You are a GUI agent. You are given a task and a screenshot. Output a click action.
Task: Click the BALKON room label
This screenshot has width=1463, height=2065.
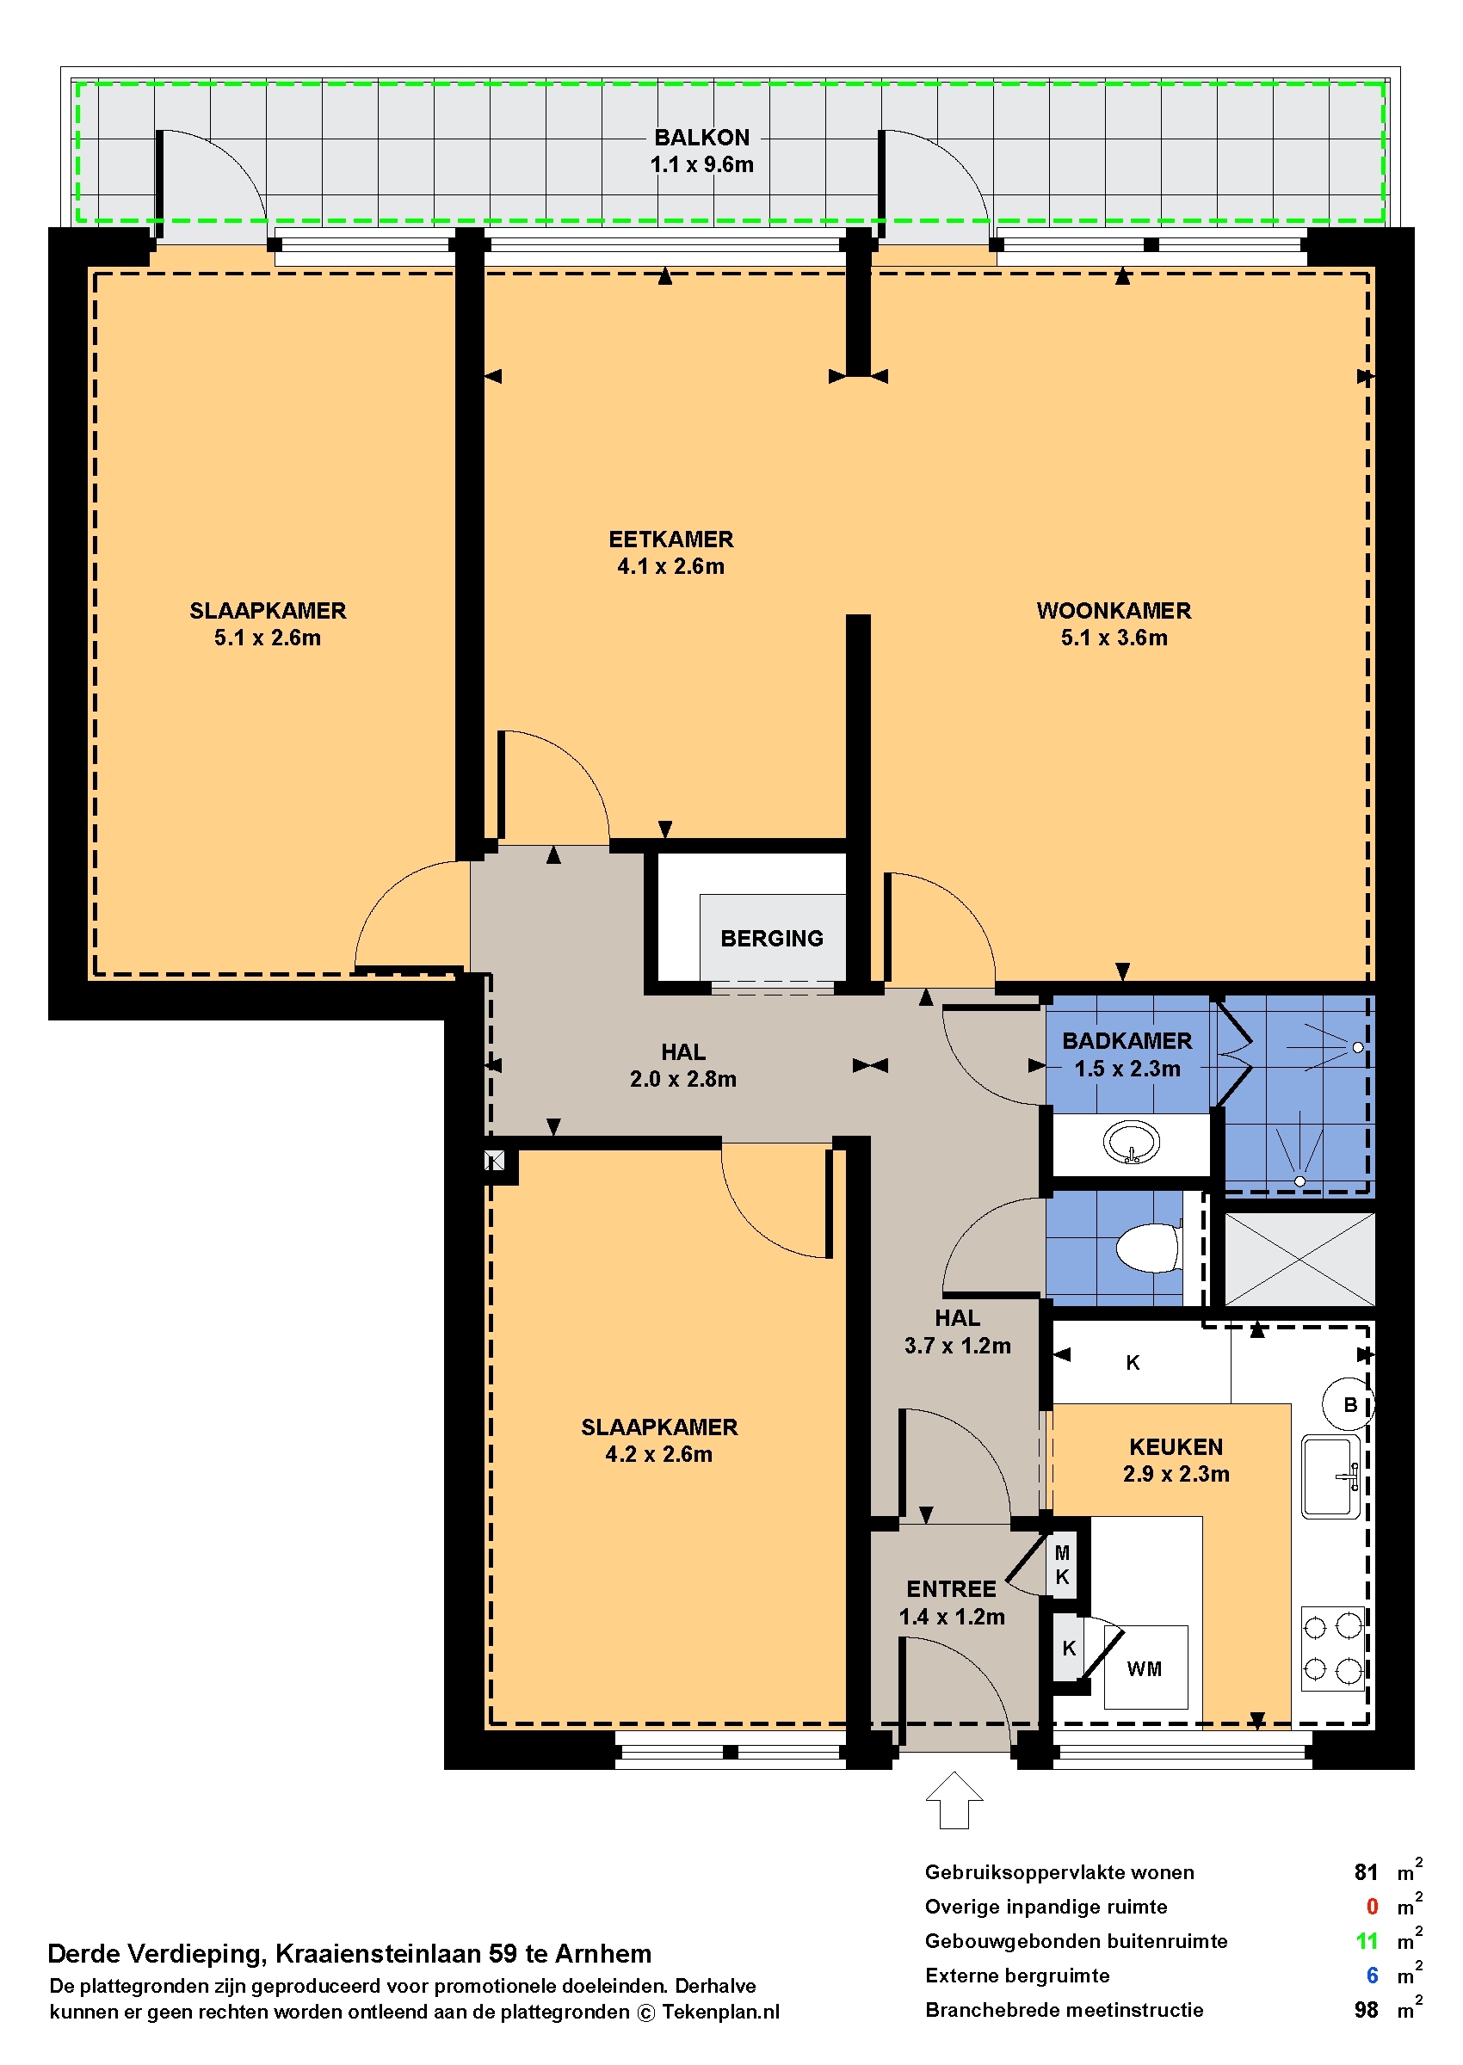701,137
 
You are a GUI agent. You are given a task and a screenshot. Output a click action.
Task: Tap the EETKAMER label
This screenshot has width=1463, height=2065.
671,539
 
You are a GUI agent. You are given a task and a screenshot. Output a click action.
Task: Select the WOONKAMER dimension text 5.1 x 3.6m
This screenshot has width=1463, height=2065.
1114,638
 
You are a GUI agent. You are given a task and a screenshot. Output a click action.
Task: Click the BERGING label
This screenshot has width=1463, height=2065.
771,939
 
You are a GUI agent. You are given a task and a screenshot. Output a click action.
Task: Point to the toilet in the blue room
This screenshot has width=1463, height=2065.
1148,1248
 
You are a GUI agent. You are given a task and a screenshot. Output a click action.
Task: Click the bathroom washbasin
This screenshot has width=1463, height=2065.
1132,1143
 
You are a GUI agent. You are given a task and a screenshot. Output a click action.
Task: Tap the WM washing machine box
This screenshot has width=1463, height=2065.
1145,1667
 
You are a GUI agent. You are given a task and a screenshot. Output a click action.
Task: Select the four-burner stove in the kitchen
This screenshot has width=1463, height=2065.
1332,1649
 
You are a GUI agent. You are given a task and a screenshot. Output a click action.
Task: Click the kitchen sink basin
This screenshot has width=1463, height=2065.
1330,1477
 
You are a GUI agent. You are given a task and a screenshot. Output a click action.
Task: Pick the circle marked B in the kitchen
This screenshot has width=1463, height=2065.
1349,1404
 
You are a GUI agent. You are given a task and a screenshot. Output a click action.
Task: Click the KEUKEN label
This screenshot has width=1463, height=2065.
1176,1446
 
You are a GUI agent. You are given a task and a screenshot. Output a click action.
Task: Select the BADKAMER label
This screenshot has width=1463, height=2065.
1127,1040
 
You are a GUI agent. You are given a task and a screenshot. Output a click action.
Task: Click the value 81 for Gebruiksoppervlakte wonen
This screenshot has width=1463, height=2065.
1366,1872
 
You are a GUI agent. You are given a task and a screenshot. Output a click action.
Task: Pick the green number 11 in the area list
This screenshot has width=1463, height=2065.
1367,1941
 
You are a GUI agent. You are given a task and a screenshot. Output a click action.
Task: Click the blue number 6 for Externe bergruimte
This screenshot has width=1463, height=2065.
1372,1975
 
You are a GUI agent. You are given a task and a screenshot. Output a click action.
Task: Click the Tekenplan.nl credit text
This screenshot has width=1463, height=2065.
720,2012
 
